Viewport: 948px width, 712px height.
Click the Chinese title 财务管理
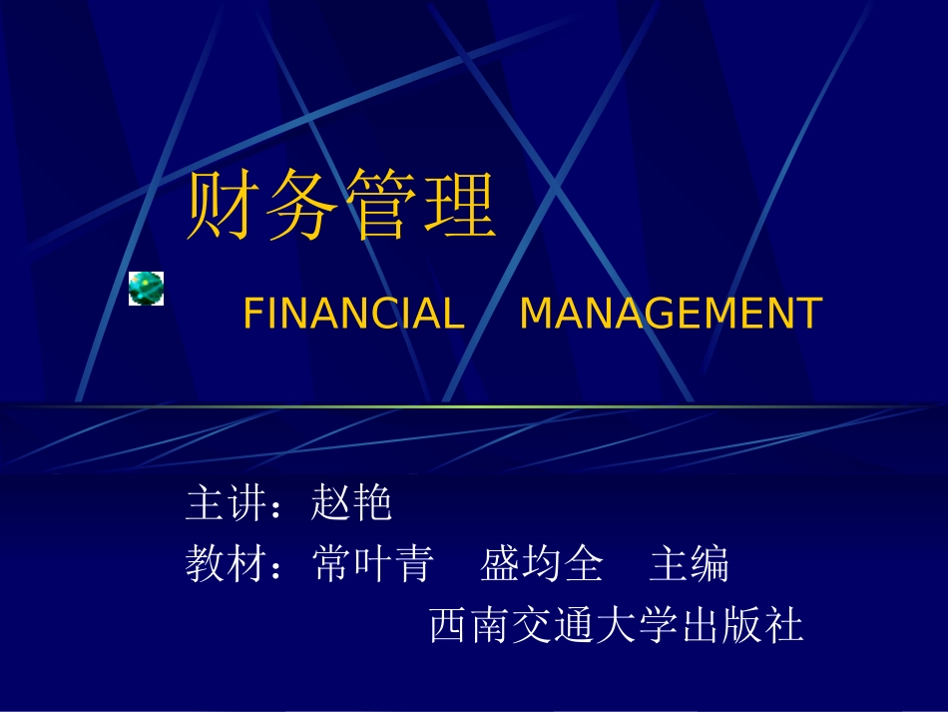(341, 207)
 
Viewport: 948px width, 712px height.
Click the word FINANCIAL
(354, 314)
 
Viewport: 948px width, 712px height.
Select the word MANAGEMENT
(671, 314)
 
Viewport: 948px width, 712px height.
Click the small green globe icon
(146, 288)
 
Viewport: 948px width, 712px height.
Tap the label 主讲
(227, 503)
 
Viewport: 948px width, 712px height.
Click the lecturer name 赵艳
(352, 503)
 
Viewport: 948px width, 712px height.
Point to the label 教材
(227, 564)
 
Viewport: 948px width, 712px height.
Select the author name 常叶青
(372, 564)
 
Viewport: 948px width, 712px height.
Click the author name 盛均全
(542, 564)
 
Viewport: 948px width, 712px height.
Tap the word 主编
(690, 564)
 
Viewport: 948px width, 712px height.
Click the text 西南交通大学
(554, 626)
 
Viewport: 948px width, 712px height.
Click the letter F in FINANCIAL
(251, 314)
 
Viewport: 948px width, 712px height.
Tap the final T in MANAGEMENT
(809, 314)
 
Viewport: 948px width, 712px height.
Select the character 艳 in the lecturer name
(373, 503)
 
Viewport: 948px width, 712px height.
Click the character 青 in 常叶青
(414, 564)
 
